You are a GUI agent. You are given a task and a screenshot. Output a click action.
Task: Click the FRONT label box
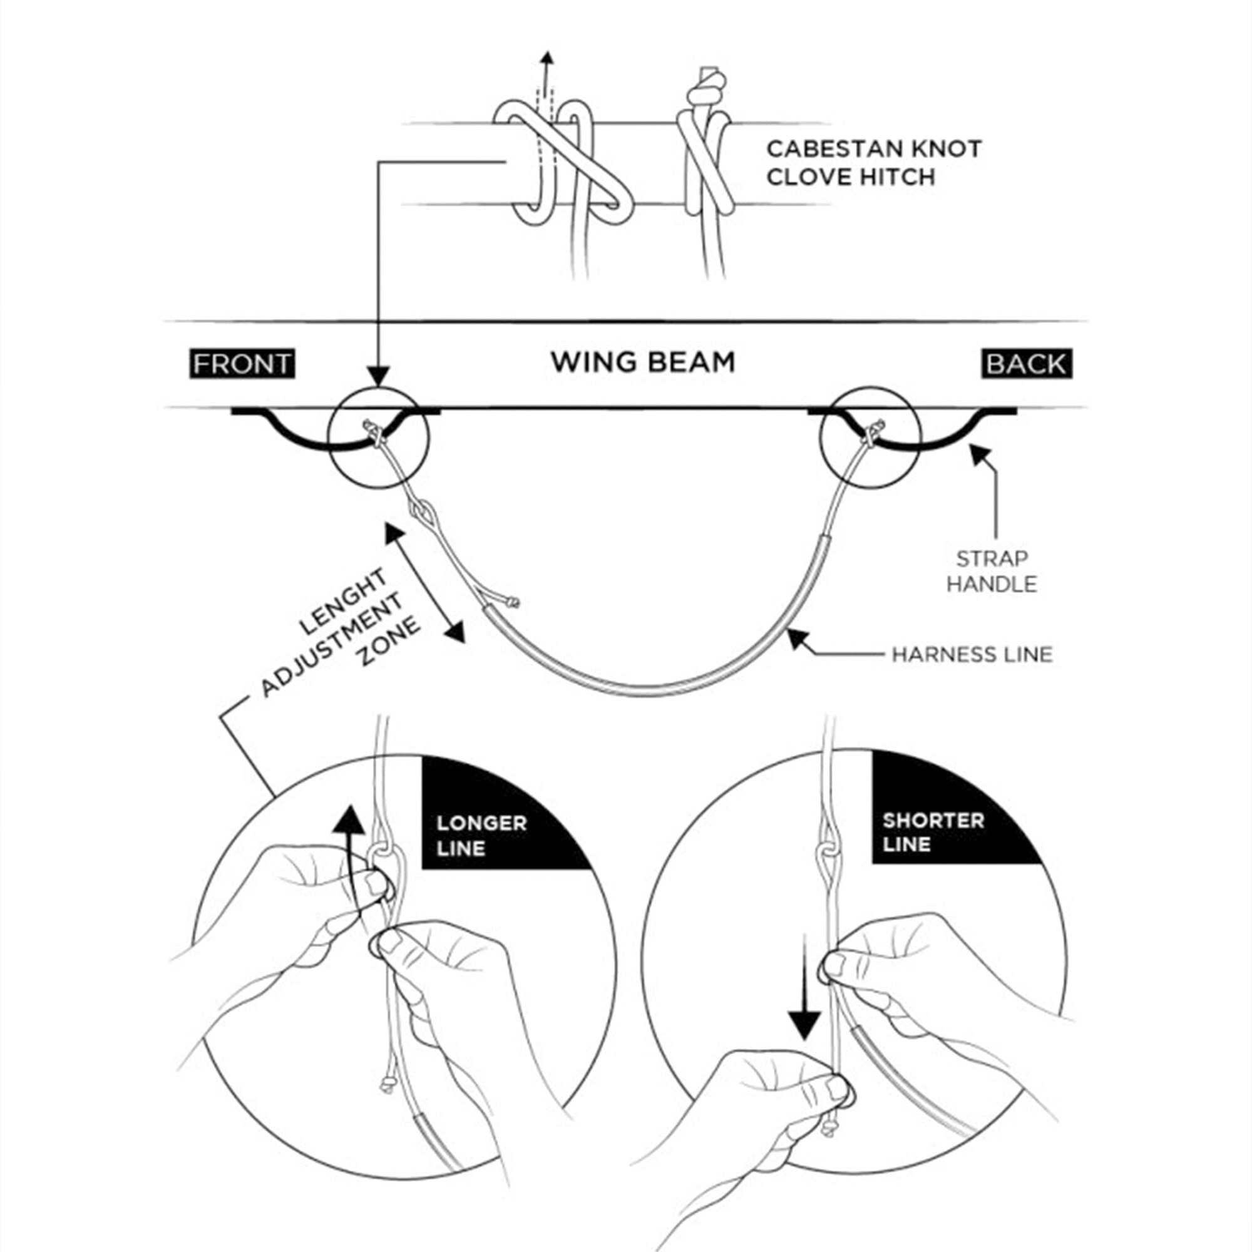coord(242,364)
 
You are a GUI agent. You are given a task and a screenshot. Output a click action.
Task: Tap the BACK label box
coord(1027,364)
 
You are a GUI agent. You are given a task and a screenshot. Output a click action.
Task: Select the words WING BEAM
coord(643,362)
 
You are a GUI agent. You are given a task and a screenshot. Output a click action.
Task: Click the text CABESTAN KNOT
coord(873,149)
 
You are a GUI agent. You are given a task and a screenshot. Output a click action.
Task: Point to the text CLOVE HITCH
coord(850,177)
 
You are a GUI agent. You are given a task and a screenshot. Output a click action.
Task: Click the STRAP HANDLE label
coord(992,571)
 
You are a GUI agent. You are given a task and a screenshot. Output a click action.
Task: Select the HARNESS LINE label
coord(972,655)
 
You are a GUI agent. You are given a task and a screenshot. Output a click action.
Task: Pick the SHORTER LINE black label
coord(933,832)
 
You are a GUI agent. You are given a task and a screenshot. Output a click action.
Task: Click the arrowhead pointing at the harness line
coord(796,638)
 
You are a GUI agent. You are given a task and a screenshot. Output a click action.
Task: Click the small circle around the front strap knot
coord(379,438)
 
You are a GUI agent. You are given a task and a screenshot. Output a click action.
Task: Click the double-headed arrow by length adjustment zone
coord(425,583)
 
